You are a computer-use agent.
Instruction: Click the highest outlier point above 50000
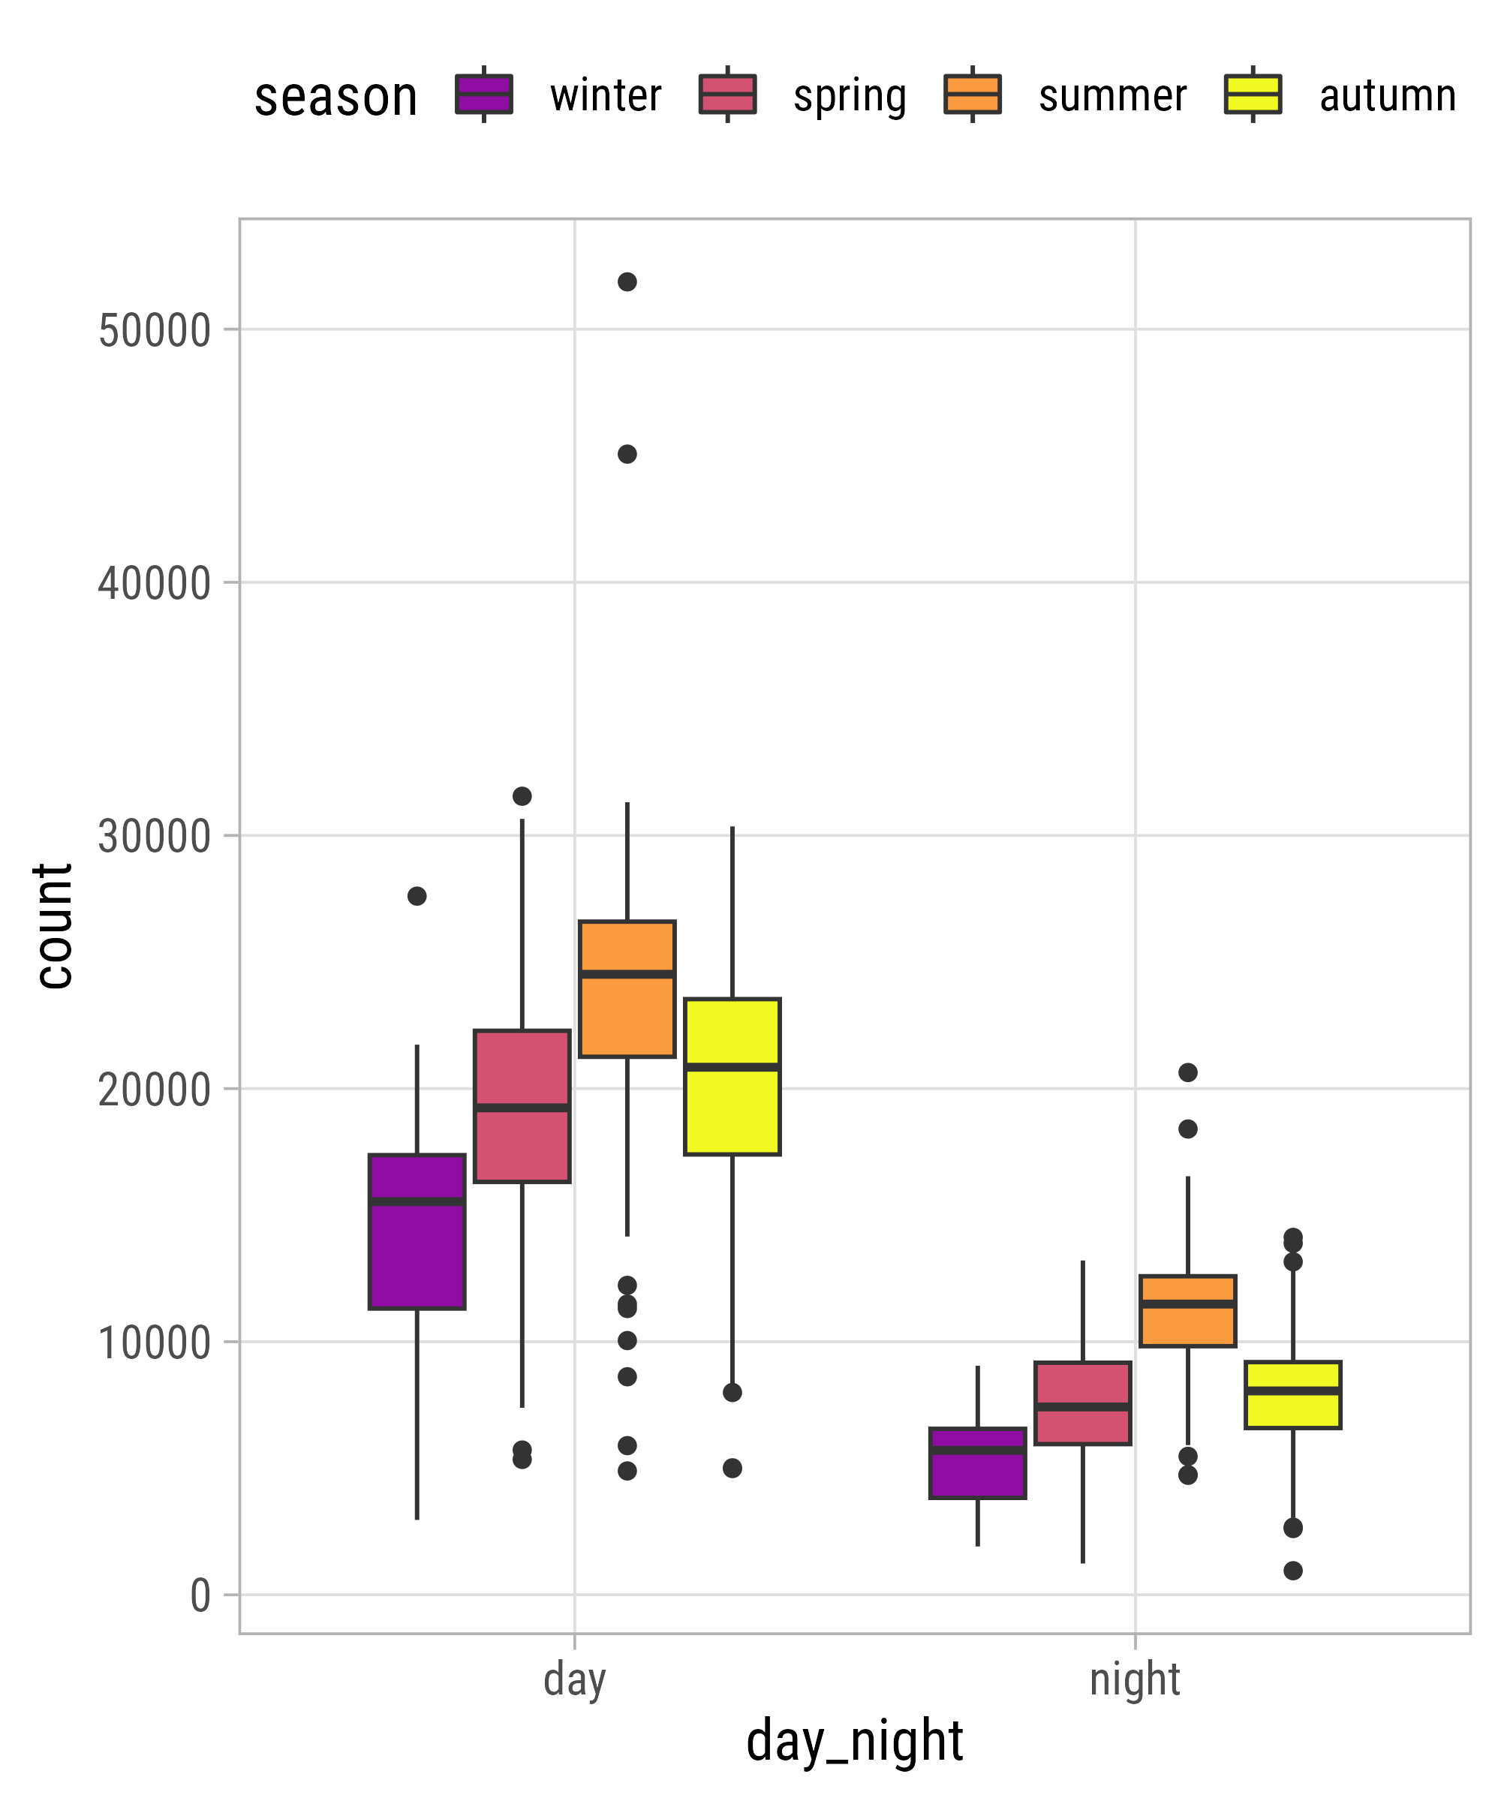pos(627,282)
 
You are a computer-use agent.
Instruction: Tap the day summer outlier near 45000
pos(627,455)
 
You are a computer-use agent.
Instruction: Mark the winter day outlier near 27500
pos(417,896)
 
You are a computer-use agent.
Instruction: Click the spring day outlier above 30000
pos(522,796)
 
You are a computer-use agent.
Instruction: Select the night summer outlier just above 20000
pos(1187,1072)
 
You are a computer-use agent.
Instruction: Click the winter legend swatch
pos(484,95)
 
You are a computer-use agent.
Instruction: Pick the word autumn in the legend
pos(1387,96)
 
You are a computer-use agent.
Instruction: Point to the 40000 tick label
pos(155,584)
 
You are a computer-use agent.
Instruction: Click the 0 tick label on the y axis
pos(200,1597)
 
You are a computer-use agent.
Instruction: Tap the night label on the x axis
pos(1134,1679)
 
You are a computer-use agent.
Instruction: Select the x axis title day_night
pos(854,1741)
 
